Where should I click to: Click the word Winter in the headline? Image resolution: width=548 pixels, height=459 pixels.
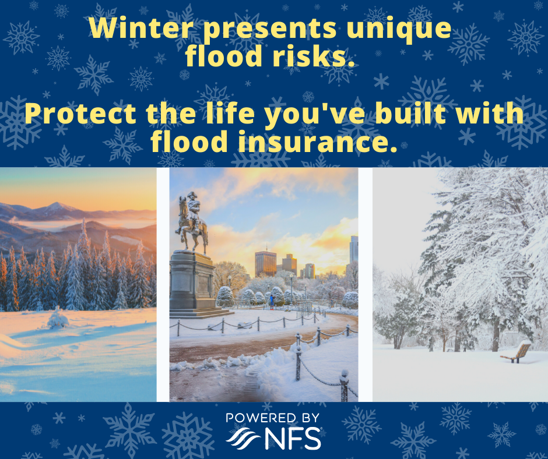pyautogui.click(x=142, y=27)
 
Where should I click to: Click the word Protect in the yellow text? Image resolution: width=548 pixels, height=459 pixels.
pyautogui.click(x=80, y=114)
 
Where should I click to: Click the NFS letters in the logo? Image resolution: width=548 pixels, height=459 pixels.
pyautogui.click(x=293, y=438)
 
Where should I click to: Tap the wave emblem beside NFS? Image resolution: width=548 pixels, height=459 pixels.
pyautogui.click(x=243, y=437)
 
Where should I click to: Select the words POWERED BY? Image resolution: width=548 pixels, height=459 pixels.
pyautogui.click(x=273, y=418)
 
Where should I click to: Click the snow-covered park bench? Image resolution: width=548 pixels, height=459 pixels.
pyautogui.click(x=517, y=352)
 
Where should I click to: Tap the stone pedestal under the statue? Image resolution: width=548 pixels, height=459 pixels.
pyautogui.click(x=193, y=283)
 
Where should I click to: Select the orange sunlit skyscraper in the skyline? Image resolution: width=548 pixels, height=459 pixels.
pyautogui.click(x=265, y=264)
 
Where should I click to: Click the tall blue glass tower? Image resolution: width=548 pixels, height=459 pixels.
pyautogui.click(x=354, y=248)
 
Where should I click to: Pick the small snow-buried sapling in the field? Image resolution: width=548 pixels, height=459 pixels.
pyautogui.click(x=58, y=319)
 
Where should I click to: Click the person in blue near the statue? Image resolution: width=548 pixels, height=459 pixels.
pyautogui.click(x=272, y=302)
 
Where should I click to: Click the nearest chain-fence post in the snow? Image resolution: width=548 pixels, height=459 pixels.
pyautogui.click(x=344, y=386)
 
